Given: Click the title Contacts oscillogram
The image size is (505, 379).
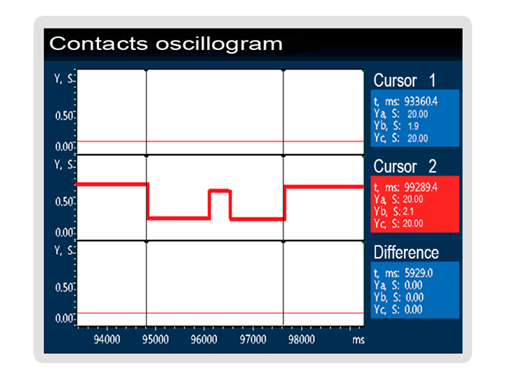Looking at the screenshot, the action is [x=166, y=44].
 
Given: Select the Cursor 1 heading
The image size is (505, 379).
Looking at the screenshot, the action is [x=405, y=80].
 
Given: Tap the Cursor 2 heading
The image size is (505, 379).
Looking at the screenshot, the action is [x=405, y=166].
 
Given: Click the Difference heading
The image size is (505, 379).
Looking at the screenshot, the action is [x=406, y=252].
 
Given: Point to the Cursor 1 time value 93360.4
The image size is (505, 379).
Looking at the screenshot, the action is [x=421, y=102].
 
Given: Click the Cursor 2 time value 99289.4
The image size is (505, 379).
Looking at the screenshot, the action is [x=421, y=187].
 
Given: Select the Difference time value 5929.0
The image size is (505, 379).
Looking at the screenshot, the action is [x=419, y=274].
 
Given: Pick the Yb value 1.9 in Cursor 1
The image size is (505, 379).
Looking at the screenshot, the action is [x=413, y=126].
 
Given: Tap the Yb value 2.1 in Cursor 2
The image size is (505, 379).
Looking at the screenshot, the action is [x=408, y=212].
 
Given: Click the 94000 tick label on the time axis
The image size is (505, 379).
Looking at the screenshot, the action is [x=107, y=339].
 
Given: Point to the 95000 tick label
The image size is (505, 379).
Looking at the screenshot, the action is [x=155, y=339].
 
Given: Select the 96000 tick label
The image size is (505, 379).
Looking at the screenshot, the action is [x=204, y=339].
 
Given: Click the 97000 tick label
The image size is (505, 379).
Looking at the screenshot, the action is [x=253, y=339].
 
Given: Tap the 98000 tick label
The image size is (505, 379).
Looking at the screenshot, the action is [x=302, y=339].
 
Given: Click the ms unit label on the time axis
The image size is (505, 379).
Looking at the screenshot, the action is [x=359, y=340].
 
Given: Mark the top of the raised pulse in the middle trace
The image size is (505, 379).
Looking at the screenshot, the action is [x=220, y=191].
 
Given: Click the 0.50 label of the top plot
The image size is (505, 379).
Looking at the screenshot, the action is [x=64, y=116].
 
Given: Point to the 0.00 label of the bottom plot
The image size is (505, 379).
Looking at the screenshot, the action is [x=64, y=318].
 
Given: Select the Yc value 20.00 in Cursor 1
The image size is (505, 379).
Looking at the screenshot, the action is [x=418, y=138].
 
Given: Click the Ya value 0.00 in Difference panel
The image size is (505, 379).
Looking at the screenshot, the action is [x=413, y=286].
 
